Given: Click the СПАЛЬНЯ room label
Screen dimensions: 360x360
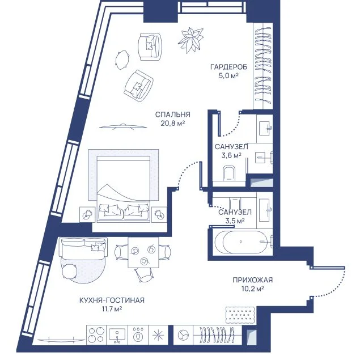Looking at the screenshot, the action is click(173, 115).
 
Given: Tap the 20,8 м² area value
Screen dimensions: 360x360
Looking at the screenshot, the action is click(173, 123).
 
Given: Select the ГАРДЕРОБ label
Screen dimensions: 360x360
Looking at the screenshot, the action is click(229, 67).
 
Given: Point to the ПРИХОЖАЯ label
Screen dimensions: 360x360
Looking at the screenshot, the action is click(252, 280).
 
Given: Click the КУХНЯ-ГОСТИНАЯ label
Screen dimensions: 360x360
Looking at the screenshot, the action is click(112, 300).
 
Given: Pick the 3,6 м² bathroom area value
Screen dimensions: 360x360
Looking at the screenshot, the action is click(231, 155).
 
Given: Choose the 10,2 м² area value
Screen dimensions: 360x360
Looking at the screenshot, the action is click(252, 289).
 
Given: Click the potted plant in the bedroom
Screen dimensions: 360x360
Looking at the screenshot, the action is click(191, 40).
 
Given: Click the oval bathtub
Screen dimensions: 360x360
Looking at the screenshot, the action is click(241, 242).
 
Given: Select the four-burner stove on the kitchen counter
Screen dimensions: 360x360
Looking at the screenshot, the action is click(96, 334).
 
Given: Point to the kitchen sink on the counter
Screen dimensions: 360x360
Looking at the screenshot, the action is click(117, 334).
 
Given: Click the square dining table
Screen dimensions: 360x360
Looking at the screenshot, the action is click(143, 252).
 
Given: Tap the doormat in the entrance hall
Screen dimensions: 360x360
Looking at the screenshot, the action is click(240, 315).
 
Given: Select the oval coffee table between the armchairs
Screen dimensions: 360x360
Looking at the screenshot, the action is click(122, 60).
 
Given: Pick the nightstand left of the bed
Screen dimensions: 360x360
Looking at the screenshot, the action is click(87, 214).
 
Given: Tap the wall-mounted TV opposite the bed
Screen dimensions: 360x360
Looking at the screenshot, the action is click(123, 126).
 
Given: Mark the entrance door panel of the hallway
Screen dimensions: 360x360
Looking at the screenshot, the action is click(327, 268).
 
